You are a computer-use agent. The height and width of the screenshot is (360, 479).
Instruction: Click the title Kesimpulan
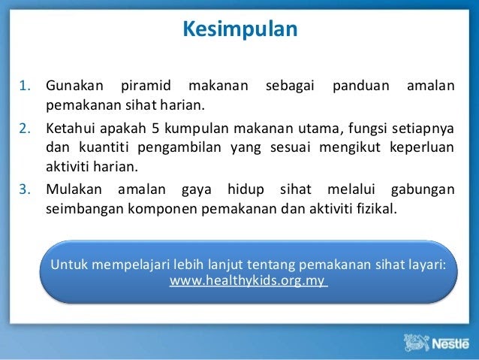click(x=240, y=29)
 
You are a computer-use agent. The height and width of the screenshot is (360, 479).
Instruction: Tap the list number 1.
click(x=25, y=86)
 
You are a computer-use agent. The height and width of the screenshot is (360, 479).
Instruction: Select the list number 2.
click(x=25, y=129)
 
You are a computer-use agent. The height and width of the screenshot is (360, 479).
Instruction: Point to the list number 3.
click(x=25, y=189)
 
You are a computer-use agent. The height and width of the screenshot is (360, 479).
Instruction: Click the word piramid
click(x=146, y=86)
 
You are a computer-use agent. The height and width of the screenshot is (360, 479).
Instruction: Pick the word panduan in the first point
click(x=361, y=86)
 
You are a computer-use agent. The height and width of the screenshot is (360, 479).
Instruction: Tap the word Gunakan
click(x=74, y=86)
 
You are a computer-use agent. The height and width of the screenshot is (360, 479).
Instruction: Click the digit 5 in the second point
click(x=155, y=129)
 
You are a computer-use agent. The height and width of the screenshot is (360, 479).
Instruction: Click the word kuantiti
click(x=104, y=147)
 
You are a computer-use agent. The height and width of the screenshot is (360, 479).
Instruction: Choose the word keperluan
click(x=422, y=148)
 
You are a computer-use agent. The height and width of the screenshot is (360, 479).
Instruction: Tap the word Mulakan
click(x=74, y=189)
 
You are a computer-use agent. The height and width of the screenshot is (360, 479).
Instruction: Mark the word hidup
click(x=246, y=190)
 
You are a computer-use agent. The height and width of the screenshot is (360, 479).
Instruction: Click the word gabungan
click(x=423, y=190)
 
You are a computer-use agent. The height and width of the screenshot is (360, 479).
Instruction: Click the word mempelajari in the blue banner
click(x=131, y=265)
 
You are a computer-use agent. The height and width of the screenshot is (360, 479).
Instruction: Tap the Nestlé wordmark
click(x=450, y=343)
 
